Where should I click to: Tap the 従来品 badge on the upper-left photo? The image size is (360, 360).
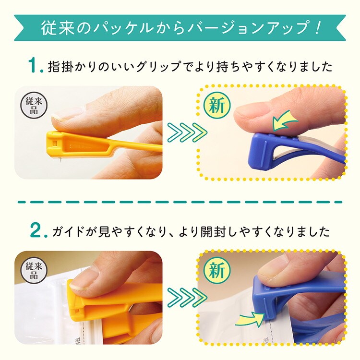coord(34,105)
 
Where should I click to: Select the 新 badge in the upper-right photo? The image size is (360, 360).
coord(217,105)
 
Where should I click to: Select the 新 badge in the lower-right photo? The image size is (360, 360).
coord(217,270)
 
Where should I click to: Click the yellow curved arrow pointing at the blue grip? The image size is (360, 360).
coord(285,121)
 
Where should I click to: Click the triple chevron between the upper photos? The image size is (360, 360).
coord(187,132)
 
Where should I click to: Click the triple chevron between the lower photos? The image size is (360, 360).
coord(187,297)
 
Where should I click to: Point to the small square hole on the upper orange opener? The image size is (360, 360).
coord(55,143)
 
